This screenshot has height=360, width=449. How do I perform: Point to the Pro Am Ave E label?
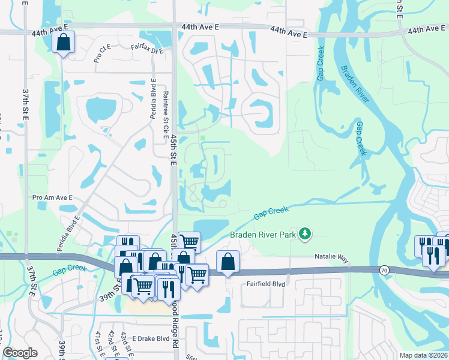click(x=52, y=197)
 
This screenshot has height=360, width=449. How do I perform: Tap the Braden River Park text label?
click(x=264, y=235)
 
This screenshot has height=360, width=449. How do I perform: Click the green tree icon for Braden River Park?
click(x=306, y=232)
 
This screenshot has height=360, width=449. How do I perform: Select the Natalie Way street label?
click(x=331, y=257)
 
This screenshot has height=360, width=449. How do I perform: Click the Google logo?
click(x=20, y=353)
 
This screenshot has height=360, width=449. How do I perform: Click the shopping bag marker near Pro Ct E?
click(x=63, y=43)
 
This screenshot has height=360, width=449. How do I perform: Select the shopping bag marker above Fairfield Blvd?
click(x=228, y=262)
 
